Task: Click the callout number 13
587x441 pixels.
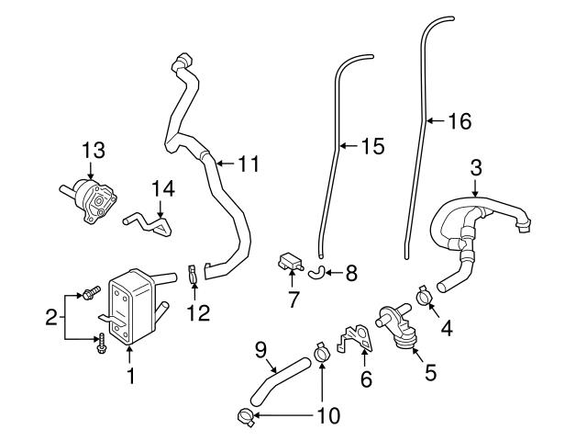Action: (94, 148)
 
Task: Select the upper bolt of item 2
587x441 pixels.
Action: (90, 293)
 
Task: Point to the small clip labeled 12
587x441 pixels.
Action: (194, 275)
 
